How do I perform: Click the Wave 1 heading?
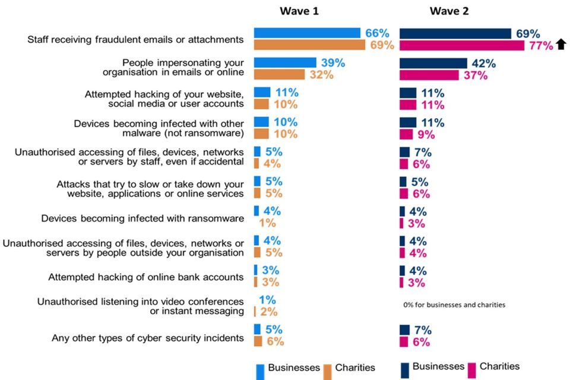tap(303, 11)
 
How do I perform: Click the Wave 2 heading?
tap(449, 11)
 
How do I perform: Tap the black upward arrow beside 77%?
tap(560, 45)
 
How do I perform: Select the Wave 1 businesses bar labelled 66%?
tap(307, 33)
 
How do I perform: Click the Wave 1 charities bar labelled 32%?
tap(279, 75)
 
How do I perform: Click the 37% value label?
tap(474, 75)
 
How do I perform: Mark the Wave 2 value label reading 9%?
tap(426, 134)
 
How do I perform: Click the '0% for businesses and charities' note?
tap(454, 305)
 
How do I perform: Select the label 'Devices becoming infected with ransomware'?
tap(142, 218)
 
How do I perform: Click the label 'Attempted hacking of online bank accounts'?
tap(146, 277)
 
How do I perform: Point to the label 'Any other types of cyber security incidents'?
tap(148, 338)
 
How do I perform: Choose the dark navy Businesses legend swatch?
tap(405, 370)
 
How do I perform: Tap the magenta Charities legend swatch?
tap(472, 370)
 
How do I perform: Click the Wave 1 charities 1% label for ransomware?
tap(267, 223)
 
